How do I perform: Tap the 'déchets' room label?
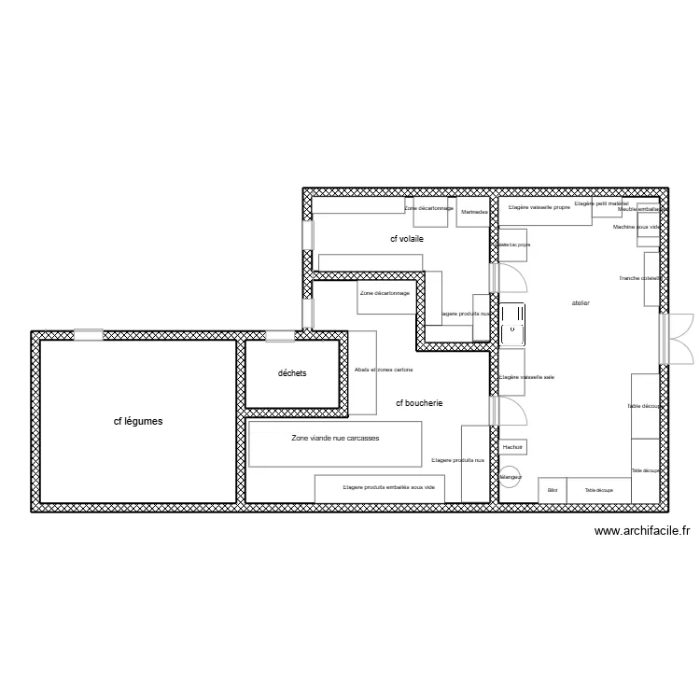(x=292, y=373)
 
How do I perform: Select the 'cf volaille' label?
(x=407, y=240)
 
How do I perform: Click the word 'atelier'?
(x=581, y=304)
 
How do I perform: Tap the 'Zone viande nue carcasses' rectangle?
(x=335, y=442)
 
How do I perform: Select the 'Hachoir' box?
(x=512, y=448)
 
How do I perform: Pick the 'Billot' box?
(x=553, y=490)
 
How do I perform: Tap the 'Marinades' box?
(x=474, y=212)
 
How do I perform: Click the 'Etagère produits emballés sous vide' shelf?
(x=382, y=487)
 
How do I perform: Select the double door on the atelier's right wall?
(x=676, y=337)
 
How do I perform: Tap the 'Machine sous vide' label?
(x=637, y=227)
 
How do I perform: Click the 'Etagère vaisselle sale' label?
(x=527, y=377)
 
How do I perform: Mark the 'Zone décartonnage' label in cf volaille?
(x=429, y=208)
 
